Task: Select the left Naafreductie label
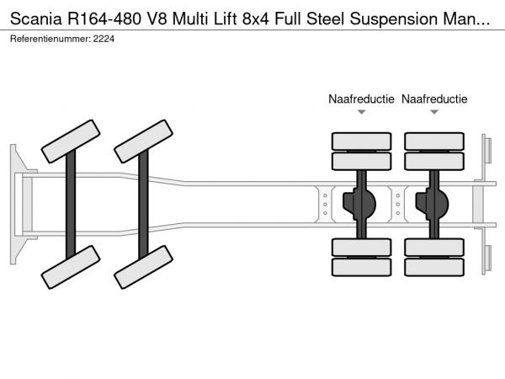coord(361,99)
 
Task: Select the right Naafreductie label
coord(434,99)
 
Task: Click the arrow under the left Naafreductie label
coord(361,112)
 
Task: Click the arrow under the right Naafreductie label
coord(434,112)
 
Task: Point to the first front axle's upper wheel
coord(71,141)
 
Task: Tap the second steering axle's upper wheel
coord(144,141)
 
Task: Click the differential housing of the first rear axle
coord(362,203)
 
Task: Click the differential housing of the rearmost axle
coord(435,203)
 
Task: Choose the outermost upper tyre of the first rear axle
coord(361,140)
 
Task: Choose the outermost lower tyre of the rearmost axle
coord(434,267)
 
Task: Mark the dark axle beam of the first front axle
coord(72,205)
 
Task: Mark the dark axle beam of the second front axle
coord(144,205)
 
